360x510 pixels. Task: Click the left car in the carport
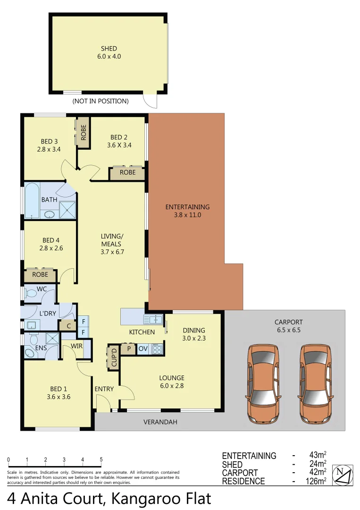coord(262,383)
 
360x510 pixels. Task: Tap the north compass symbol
coord(343,475)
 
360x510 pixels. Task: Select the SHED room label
coord(109,49)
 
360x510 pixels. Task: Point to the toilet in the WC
coord(32,294)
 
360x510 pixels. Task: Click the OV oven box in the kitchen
coord(143,349)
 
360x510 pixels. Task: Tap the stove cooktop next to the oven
coord(157,349)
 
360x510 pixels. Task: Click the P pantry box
coord(128,349)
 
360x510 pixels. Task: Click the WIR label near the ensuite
coord(77,346)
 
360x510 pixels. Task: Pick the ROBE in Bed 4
coord(40,274)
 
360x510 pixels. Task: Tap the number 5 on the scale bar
coord(101,459)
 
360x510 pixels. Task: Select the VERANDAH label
coord(160,422)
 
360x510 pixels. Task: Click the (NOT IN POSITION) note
coord(100,101)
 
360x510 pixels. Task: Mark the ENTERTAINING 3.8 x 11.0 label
coord(187,211)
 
